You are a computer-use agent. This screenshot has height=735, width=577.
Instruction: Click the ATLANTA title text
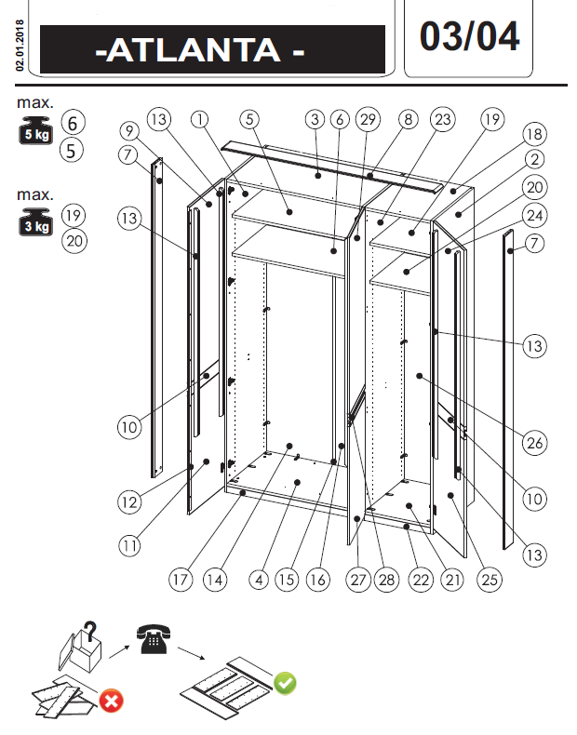pyautogui.click(x=200, y=50)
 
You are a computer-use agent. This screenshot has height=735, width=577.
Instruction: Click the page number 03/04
pyautogui.click(x=469, y=36)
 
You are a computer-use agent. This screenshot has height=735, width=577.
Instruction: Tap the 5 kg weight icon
pyautogui.click(x=35, y=131)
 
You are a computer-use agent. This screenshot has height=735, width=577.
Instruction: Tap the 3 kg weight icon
pyautogui.click(x=35, y=223)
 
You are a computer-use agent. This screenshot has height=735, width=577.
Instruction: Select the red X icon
pyautogui.click(x=111, y=700)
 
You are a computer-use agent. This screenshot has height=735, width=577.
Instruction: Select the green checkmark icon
pyautogui.click(x=285, y=684)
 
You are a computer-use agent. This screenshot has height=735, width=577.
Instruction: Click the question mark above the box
pyautogui.click(x=89, y=630)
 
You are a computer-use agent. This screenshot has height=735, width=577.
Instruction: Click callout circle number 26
pyautogui.click(x=533, y=443)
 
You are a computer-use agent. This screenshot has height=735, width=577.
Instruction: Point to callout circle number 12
pyautogui.click(x=128, y=501)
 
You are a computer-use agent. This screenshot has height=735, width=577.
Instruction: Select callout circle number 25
pyautogui.click(x=490, y=579)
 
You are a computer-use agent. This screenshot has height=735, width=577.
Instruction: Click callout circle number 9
pyautogui.click(x=128, y=131)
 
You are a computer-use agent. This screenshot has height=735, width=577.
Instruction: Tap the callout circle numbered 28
pyautogui.click(x=385, y=579)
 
